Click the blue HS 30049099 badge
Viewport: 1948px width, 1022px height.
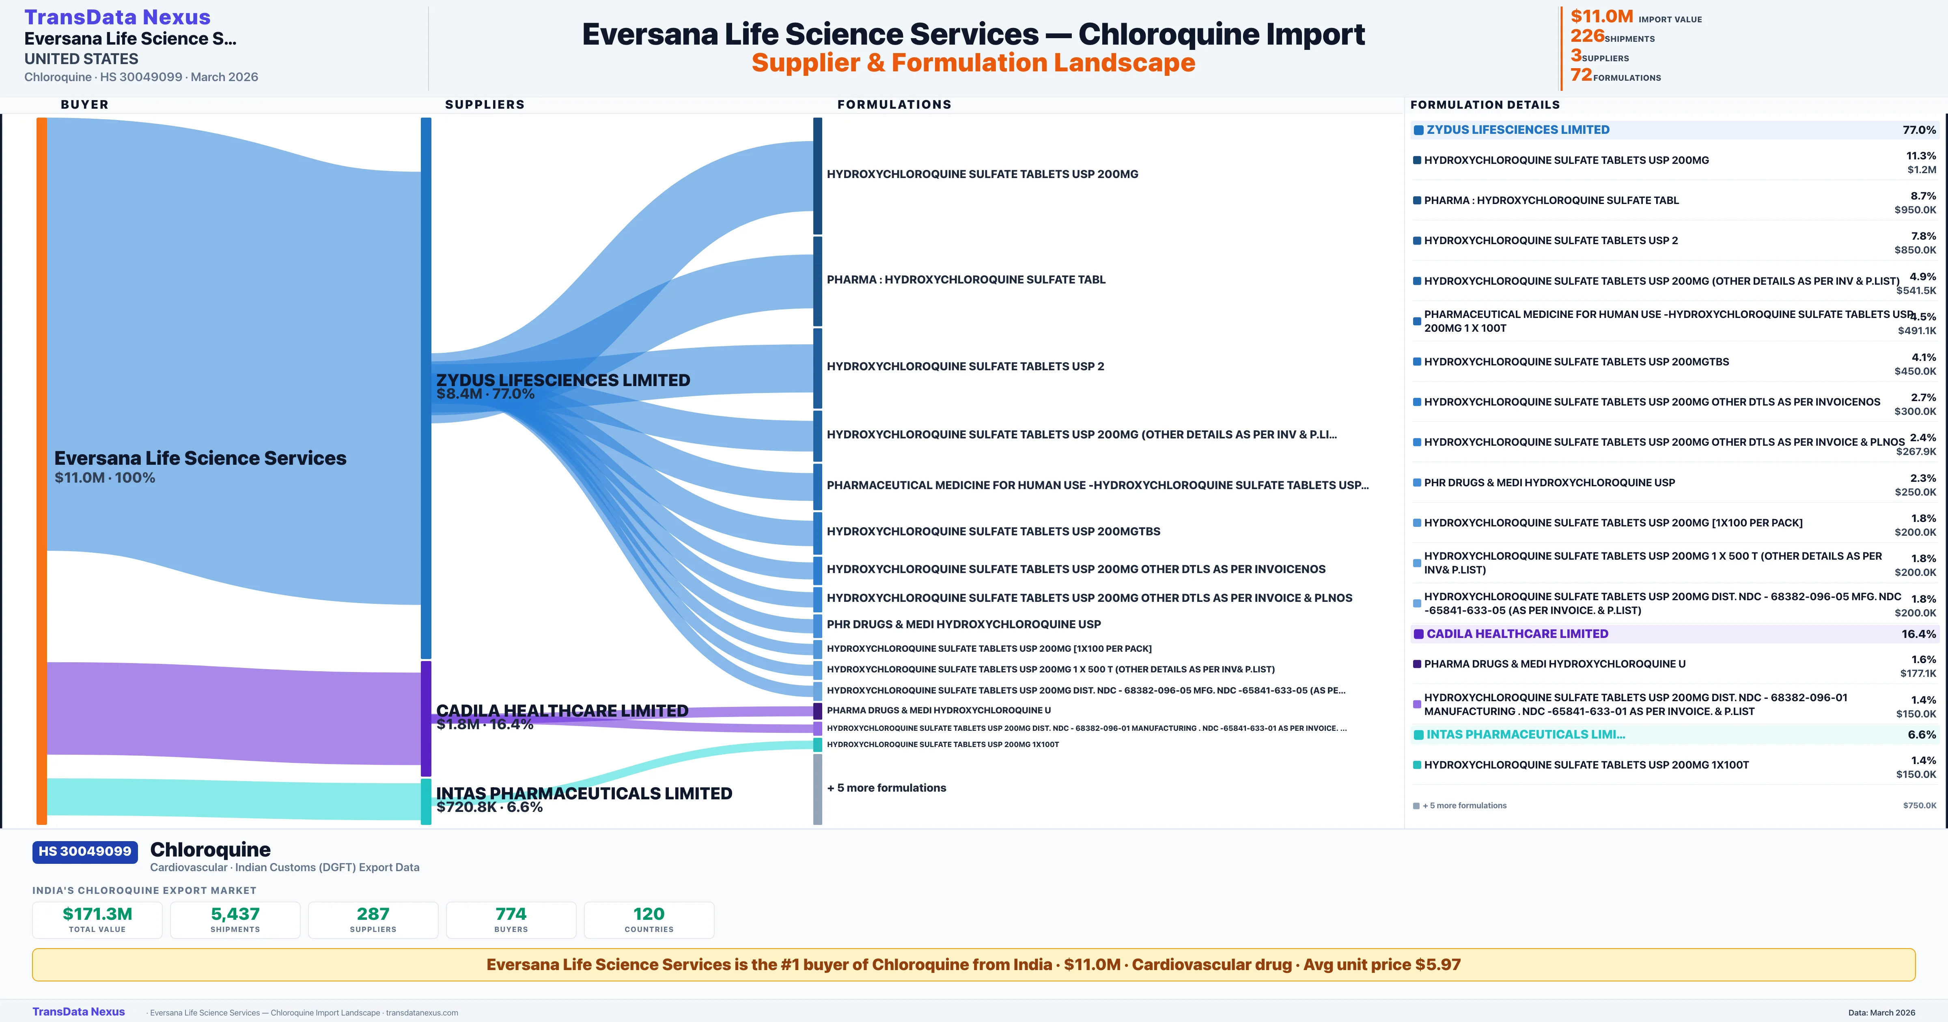point(85,851)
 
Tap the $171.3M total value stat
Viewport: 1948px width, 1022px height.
point(97,914)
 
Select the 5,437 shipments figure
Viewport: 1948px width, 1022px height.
point(235,914)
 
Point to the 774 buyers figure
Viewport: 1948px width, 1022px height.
point(511,914)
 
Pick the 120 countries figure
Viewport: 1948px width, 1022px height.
point(649,914)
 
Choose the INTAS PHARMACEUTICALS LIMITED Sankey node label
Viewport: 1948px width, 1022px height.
point(584,793)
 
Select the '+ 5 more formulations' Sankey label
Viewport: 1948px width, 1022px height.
point(886,788)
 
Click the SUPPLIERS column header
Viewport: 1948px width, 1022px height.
point(485,104)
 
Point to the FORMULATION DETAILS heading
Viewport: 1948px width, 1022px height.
point(1485,104)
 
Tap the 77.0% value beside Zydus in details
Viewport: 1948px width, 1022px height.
point(1919,130)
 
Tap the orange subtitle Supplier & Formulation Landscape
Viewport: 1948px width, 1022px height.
point(973,63)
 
